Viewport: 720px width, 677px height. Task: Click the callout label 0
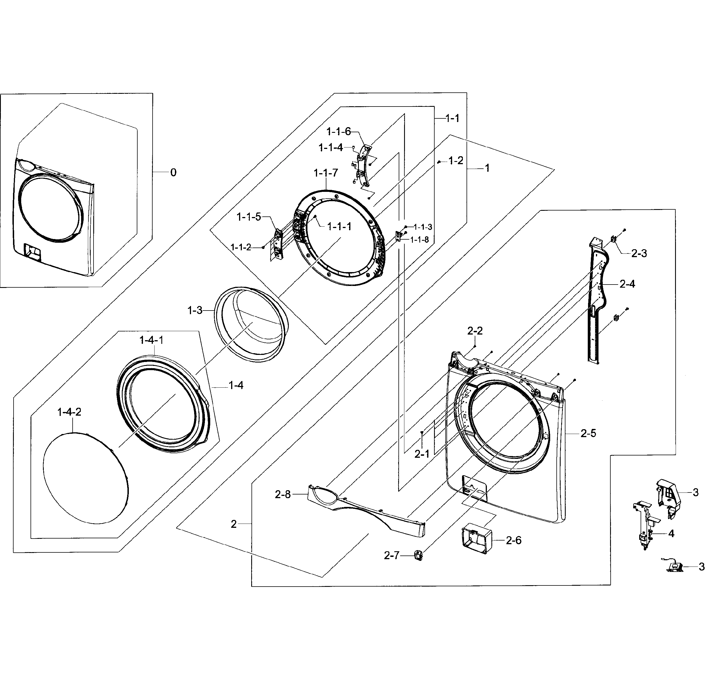click(173, 173)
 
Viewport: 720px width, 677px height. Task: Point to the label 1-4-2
click(69, 412)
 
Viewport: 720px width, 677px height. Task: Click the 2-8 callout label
click(283, 494)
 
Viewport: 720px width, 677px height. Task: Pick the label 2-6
click(513, 541)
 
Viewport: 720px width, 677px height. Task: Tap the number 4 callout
click(671, 533)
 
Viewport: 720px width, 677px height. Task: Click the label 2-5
click(588, 433)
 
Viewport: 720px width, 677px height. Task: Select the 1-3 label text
click(195, 311)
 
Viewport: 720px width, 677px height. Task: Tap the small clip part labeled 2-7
click(418, 555)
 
